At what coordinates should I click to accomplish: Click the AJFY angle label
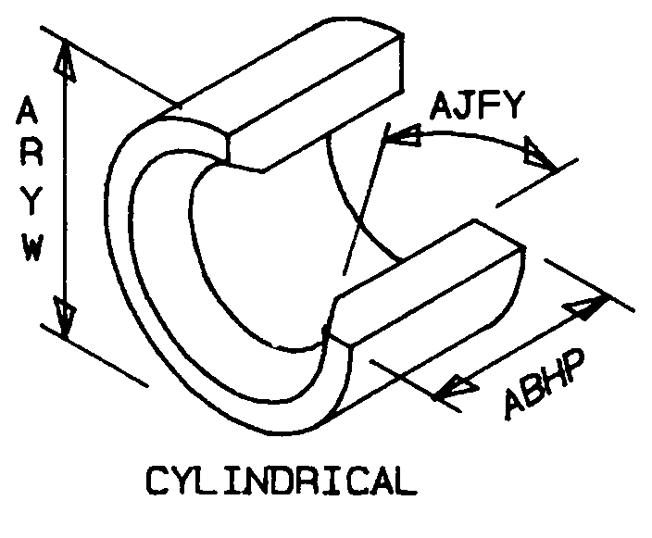[x=477, y=106]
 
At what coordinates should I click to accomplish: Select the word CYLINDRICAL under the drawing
[x=282, y=481]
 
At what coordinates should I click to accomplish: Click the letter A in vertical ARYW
[x=27, y=110]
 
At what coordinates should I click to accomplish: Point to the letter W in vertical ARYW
[x=32, y=247]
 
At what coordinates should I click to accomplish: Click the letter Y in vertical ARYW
[x=31, y=201]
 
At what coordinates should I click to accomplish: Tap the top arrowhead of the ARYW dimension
[x=66, y=60]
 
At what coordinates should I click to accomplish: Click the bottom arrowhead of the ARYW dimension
[x=66, y=317]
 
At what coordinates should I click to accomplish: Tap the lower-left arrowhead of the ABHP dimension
[x=456, y=387]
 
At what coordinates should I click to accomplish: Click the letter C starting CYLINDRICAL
[x=157, y=481]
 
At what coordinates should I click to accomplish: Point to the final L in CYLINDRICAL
[x=405, y=481]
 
